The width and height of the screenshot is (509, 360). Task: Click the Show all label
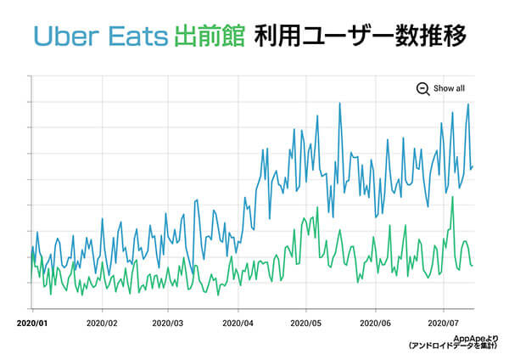coord(449,88)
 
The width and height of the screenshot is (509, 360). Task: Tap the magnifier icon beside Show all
coord(422,88)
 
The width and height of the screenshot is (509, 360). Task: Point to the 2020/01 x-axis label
coord(32,323)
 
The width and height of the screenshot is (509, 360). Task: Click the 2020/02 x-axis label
coord(101,323)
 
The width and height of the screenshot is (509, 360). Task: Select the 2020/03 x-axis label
coord(167,323)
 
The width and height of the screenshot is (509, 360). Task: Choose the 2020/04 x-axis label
coord(238,323)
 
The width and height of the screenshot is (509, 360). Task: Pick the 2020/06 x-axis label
coord(375,323)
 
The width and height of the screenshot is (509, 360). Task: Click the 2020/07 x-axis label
coord(443,323)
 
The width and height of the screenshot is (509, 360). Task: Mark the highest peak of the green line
coord(453,197)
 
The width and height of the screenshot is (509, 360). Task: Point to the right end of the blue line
coord(473,166)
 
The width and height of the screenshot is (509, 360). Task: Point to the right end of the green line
coord(473,266)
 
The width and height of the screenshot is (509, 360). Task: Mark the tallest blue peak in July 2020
coord(468,104)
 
